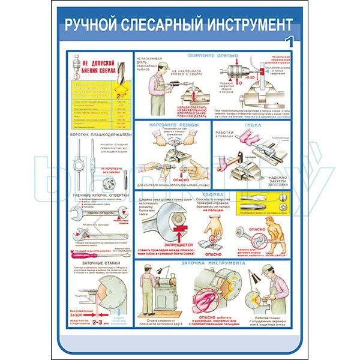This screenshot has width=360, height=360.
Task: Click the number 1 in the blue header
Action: point(290,41)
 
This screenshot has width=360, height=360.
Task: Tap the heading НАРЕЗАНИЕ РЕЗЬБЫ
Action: point(172,125)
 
